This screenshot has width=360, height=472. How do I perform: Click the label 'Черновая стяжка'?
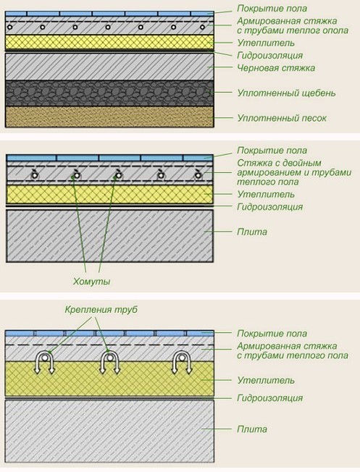click(x=276, y=68)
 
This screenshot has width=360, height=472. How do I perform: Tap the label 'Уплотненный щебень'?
click(x=286, y=93)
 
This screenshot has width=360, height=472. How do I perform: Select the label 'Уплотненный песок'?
click(x=282, y=118)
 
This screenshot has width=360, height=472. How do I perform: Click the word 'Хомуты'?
click(x=91, y=282)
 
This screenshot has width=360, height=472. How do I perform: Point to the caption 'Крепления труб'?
click(x=101, y=310)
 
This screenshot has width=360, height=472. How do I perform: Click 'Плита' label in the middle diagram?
click(x=252, y=232)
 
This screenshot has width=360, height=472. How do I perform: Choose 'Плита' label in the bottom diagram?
click(x=252, y=429)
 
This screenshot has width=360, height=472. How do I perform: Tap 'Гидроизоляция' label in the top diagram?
click(x=269, y=56)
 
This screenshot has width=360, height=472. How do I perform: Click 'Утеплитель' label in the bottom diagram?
click(x=266, y=381)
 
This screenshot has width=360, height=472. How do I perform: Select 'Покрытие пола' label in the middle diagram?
click(x=272, y=151)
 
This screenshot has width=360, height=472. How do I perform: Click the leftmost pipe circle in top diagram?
click(x=10, y=27)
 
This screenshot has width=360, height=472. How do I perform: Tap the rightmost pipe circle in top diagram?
click(x=202, y=27)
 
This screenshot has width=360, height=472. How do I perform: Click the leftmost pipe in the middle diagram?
click(x=35, y=175)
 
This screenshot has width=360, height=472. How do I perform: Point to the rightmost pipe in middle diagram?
click(x=198, y=175)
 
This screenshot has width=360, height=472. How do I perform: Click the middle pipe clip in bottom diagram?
click(x=110, y=362)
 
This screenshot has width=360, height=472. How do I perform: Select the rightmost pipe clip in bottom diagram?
click(x=182, y=362)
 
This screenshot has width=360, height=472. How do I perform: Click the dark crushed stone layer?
click(x=109, y=93)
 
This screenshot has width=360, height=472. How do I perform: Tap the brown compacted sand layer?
click(x=109, y=117)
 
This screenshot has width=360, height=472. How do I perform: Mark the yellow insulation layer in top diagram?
click(x=109, y=42)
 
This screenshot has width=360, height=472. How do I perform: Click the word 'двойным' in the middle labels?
click(x=302, y=163)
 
